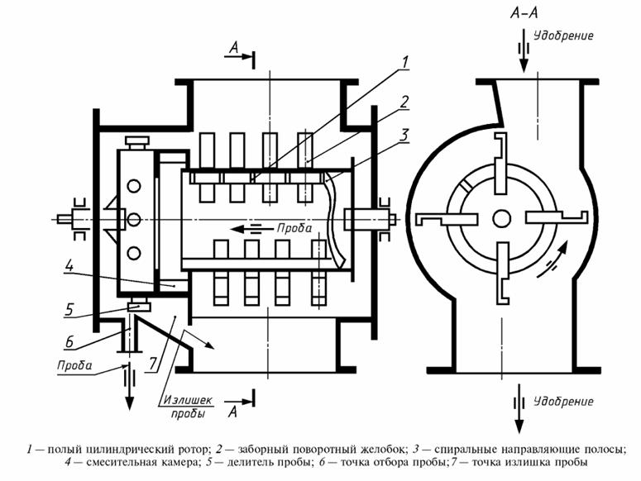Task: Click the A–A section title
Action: tap(524, 12)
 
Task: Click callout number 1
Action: tap(404, 63)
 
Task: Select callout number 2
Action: tap(404, 102)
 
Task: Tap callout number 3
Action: tap(404, 135)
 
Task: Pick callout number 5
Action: tap(69, 309)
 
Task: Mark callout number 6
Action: tap(69, 341)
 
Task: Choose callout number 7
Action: tap(152, 363)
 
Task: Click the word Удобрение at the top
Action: tap(563, 36)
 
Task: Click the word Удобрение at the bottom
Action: tap(563, 402)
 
